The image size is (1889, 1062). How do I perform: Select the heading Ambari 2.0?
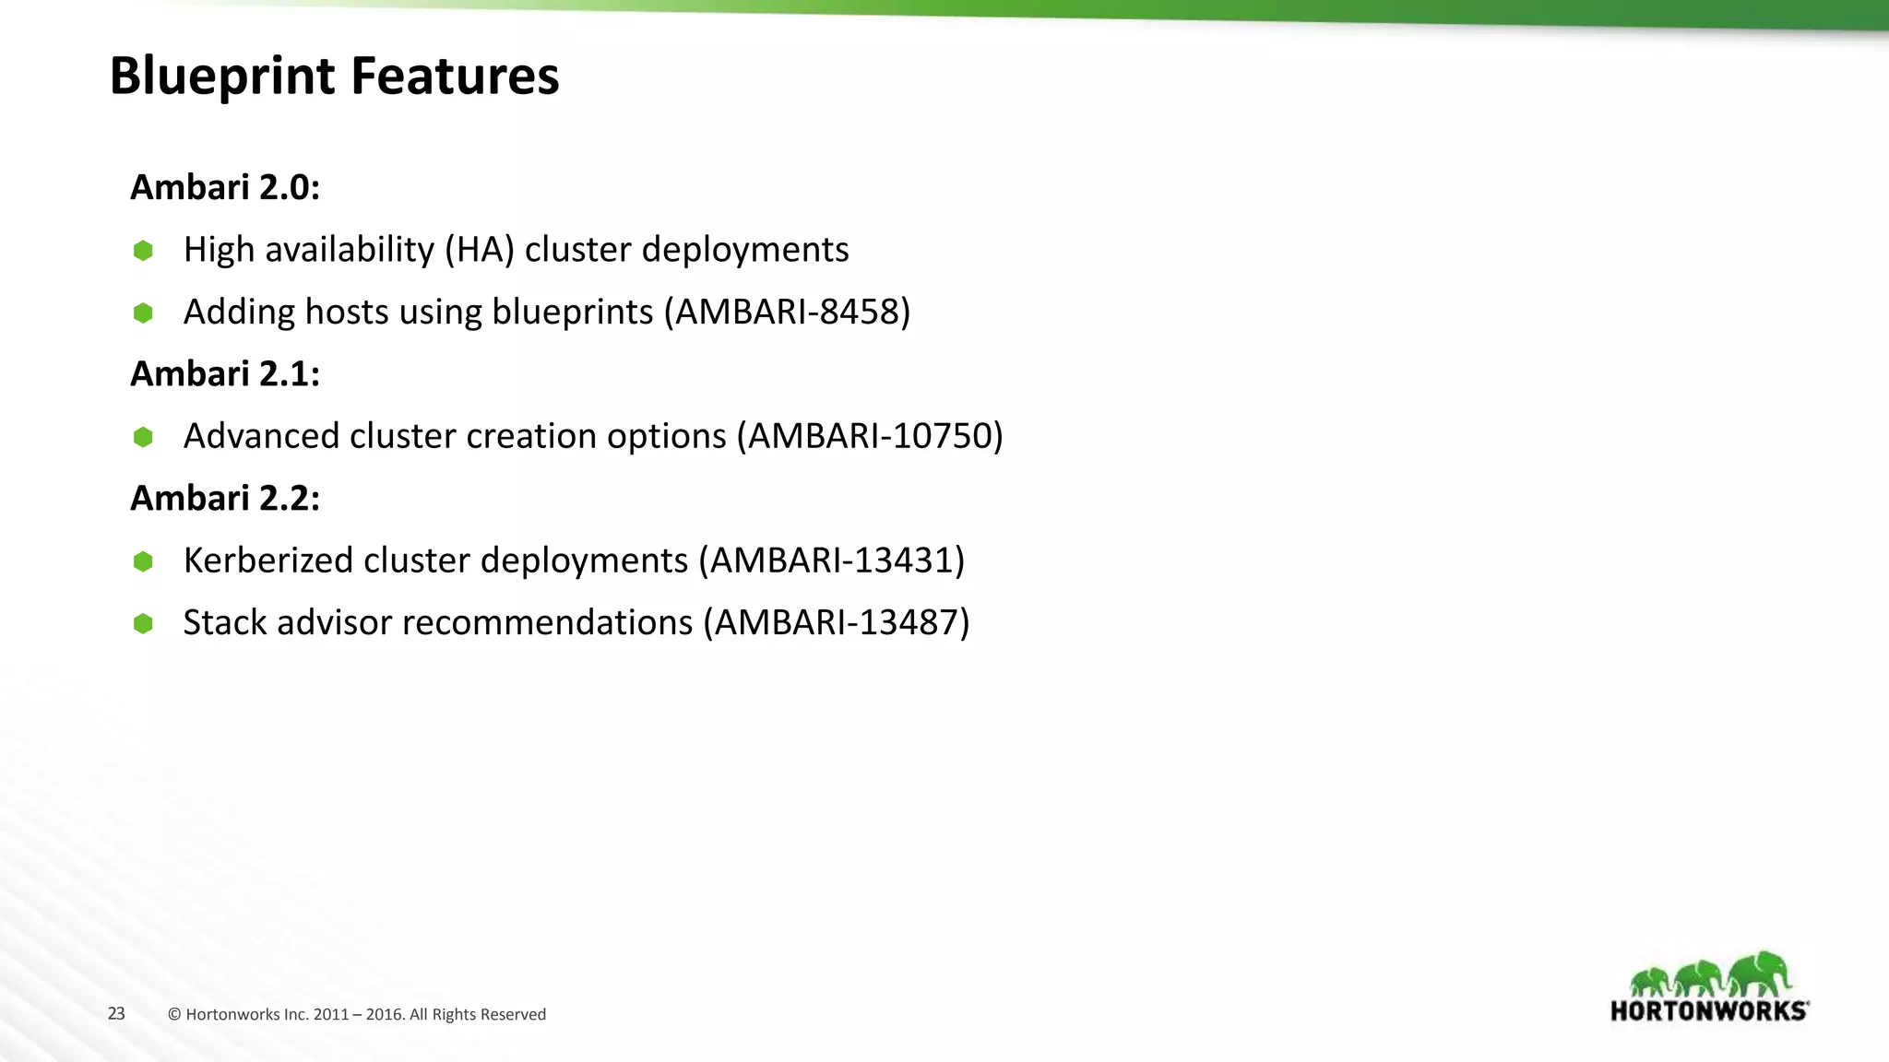pyautogui.click(x=224, y=187)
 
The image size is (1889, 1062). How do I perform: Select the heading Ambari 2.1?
pyautogui.click(x=224, y=374)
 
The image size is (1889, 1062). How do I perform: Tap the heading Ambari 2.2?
pyautogui.click(x=224, y=499)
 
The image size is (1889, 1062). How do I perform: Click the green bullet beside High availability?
pyautogui.click(x=143, y=251)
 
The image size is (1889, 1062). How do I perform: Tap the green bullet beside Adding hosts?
pyautogui.click(x=143, y=313)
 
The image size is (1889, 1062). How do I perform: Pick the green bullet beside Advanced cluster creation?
pyautogui.click(x=143, y=437)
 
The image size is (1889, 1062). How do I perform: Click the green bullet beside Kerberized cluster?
pyautogui.click(x=143, y=561)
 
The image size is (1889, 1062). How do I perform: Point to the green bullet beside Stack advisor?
pyautogui.click(x=143, y=624)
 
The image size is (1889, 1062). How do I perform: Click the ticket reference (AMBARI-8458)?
pyautogui.click(x=787, y=313)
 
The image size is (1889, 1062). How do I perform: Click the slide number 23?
pyautogui.click(x=116, y=1014)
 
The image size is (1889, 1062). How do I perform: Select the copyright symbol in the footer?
pyautogui.click(x=174, y=1015)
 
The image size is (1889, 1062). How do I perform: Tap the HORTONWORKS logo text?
pyautogui.click(x=1708, y=1011)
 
